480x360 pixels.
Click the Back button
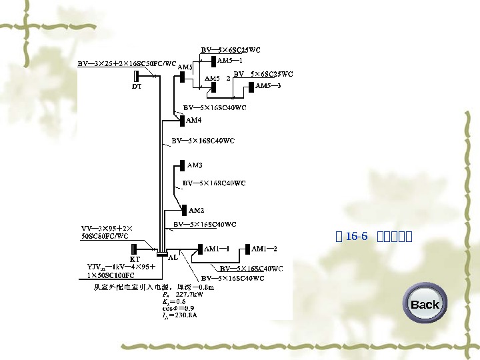coord(425,305)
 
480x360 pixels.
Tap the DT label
coord(136,86)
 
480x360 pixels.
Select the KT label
coord(135,258)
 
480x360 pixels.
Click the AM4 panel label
coord(193,121)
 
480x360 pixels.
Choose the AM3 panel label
coord(195,165)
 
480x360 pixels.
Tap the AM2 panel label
coord(197,211)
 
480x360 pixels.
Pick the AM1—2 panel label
coord(263,249)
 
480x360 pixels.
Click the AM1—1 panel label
coord(217,249)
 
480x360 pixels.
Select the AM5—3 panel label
coord(269,86)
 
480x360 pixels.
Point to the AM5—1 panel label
coord(230,60)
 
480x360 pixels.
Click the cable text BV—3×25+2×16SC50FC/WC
coord(127,64)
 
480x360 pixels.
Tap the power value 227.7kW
coord(189,294)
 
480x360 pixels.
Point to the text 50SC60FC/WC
coord(105,235)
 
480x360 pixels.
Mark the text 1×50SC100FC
coord(109,274)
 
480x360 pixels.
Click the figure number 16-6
coord(357,236)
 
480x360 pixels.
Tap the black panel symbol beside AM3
coord(182,165)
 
